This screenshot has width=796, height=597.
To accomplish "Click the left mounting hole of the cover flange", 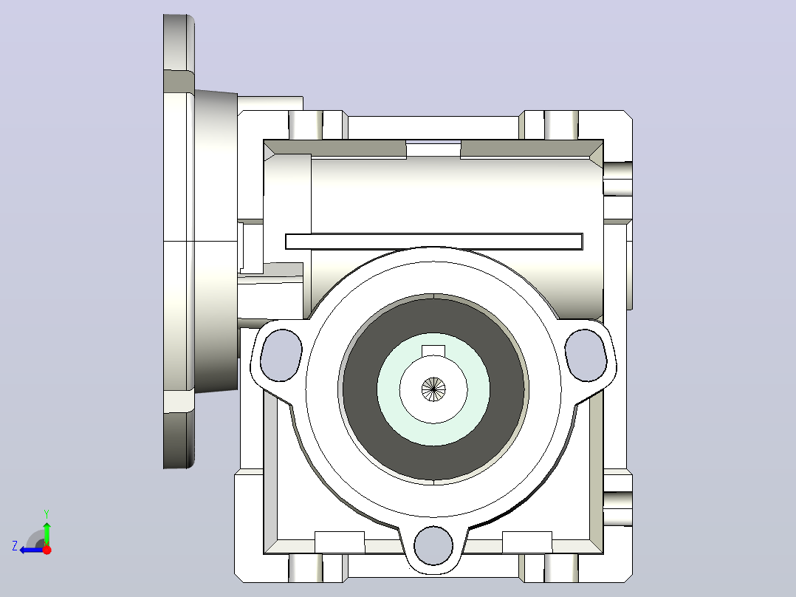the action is coord(281,355).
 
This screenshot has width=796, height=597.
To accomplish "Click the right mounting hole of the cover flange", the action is coord(586,355).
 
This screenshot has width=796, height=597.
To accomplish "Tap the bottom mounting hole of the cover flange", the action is coord(433,545).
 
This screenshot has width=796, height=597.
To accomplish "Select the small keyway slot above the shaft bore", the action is coord(433,350).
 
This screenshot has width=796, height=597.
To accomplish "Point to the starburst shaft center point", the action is coord(433,389).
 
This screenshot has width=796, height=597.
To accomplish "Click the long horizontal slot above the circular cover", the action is coord(434,242).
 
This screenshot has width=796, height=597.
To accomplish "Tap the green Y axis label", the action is coord(47,514).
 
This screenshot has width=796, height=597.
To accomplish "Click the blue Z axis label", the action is coord(15,546).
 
